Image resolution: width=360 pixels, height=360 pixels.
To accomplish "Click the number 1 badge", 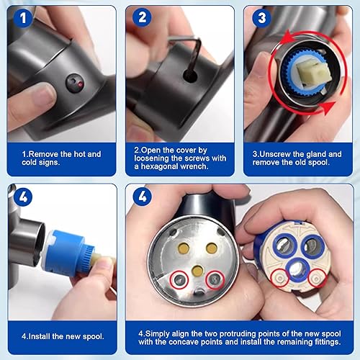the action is (23, 17).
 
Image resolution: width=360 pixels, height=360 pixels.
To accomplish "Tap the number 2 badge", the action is (142, 17).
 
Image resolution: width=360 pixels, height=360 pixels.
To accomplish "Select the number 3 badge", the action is (261, 17).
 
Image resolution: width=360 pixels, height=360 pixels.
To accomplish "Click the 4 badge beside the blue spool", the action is (23, 197).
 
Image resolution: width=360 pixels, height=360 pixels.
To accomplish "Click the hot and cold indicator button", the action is (75, 83).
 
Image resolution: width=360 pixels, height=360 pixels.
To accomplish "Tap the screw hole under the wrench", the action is (190, 75).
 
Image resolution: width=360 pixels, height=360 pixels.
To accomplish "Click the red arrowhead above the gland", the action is (287, 38).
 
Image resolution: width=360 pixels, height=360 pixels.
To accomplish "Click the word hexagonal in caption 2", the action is (159, 166).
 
